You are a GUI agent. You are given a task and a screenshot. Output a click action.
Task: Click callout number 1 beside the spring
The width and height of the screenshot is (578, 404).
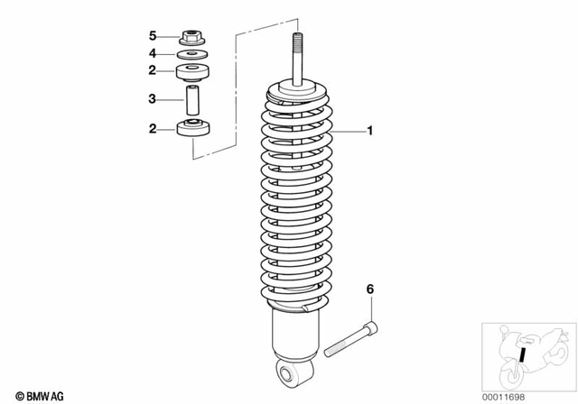pyautogui.click(x=368, y=132)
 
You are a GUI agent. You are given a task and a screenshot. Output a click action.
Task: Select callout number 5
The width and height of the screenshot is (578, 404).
pyautogui.click(x=153, y=36)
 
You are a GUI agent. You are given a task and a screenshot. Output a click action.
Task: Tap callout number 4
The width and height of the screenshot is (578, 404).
pyautogui.click(x=153, y=53)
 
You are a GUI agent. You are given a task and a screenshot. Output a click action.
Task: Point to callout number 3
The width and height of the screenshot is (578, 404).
pyautogui.click(x=153, y=98)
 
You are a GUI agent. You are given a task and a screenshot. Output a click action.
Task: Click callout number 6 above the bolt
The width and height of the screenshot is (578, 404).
pyautogui.click(x=368, y=290)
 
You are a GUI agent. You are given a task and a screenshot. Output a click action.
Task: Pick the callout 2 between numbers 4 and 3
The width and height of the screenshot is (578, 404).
pyautogui.click(x=153, y=70)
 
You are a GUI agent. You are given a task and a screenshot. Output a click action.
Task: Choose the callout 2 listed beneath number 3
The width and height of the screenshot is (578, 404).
pyautogui.click(x=153, y=129)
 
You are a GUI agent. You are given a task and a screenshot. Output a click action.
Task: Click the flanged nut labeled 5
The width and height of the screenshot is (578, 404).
pyautogui.click(x=191, y=38)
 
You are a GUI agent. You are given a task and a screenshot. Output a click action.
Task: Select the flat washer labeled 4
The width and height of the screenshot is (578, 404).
pyautogui.click(x=191, y=54)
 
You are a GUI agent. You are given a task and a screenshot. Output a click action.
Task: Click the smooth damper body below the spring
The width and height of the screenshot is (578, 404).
pyautogui.click(x=294, y=338)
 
